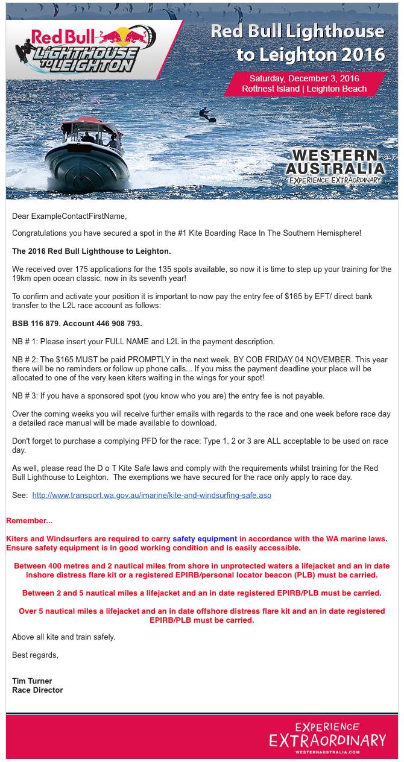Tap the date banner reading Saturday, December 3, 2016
[x=305, y=84]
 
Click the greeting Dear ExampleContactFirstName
[x=69, y=216]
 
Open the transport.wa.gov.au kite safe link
[x=151, y=496]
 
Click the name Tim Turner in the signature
[x=32, y=681]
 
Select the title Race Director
[x=37, y=690]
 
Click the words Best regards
[x=35, y=655]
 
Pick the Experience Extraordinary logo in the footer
[x=336, y=738]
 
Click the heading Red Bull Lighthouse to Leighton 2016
[x=297, y=43]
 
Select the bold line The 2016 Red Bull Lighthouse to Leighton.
[x=92, y=251]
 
